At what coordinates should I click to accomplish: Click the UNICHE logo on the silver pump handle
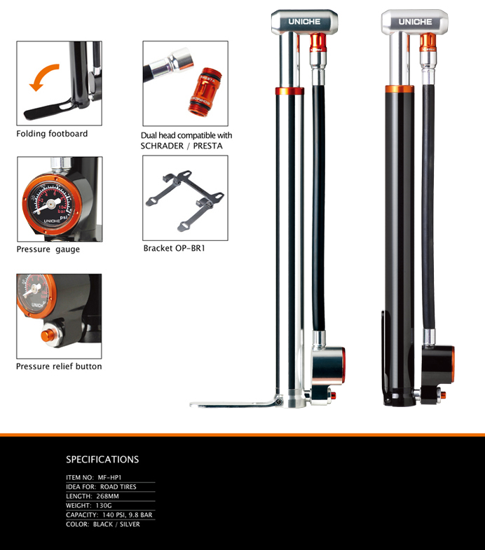point(304,22)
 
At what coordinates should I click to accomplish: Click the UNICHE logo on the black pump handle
point(415,22)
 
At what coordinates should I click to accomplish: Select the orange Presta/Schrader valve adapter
point(205,91)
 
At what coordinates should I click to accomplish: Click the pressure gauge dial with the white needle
point(52,204)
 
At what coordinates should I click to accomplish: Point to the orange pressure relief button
point(48,336)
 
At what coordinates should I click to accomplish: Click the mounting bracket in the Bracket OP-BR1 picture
point(184,200)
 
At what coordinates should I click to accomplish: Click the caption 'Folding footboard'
point(52,134)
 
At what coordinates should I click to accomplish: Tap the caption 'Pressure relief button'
point(59,366)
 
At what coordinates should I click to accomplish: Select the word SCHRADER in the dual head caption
point(162,146)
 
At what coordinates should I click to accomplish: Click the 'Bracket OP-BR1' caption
point(174,248)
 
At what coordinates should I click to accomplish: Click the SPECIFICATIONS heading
point(102,460)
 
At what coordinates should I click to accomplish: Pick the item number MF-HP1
point(109,477)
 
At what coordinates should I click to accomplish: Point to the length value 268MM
point(107,496)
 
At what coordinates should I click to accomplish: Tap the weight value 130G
point(104,505)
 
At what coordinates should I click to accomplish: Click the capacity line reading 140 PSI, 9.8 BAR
point(128,515)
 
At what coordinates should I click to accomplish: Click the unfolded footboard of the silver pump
point(234,404)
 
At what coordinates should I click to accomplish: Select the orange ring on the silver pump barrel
point(289,91)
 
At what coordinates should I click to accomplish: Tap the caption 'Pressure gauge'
point(48,249)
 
